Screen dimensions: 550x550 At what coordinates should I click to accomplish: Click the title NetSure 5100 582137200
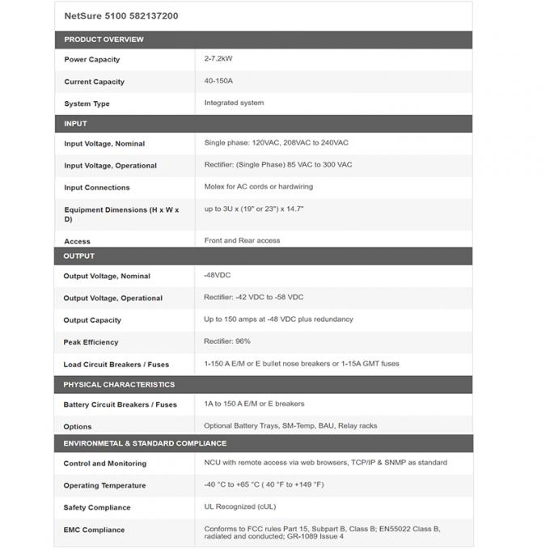121,15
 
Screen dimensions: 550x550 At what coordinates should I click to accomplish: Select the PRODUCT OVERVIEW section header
104,40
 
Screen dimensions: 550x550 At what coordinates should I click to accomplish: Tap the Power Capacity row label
92,60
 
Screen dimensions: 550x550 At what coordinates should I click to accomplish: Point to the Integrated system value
234,103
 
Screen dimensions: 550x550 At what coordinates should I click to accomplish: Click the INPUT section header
75,124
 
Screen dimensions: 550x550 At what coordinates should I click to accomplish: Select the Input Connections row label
97,188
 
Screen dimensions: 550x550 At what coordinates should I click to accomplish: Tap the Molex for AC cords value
258,186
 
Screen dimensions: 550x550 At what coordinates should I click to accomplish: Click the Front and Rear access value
242,240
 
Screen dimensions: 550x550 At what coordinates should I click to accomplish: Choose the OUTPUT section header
79,256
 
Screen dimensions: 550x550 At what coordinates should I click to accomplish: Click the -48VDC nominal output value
218,275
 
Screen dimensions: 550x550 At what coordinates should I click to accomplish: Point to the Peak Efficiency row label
91,342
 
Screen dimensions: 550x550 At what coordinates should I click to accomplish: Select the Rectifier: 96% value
227,341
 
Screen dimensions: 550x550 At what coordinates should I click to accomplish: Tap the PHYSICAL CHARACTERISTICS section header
119,384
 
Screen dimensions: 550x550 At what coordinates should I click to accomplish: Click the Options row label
78,426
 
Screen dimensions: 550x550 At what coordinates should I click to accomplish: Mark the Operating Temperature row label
104,485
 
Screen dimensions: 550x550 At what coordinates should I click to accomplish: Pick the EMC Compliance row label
94,530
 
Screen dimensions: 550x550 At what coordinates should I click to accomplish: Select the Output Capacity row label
92,320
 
